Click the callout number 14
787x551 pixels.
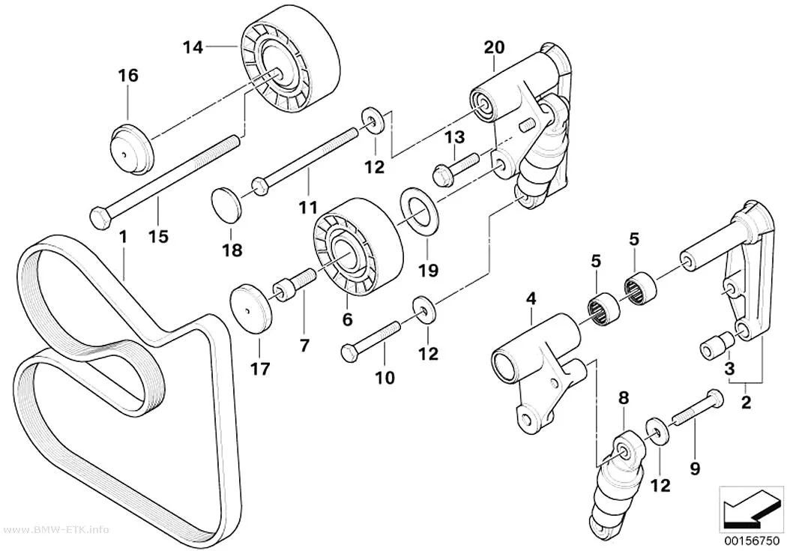point(193,48)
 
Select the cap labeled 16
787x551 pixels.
point(131,148)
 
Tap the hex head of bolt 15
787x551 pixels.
point(100,219)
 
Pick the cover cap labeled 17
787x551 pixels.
point(251,309)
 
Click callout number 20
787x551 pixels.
point(494,47)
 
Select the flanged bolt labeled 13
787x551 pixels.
point(456,168)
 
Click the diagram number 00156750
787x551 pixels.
point(751,543)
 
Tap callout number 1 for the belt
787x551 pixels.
point(123,236)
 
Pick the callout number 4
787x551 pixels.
point(531,299)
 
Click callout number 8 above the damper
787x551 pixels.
point(624,399)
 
